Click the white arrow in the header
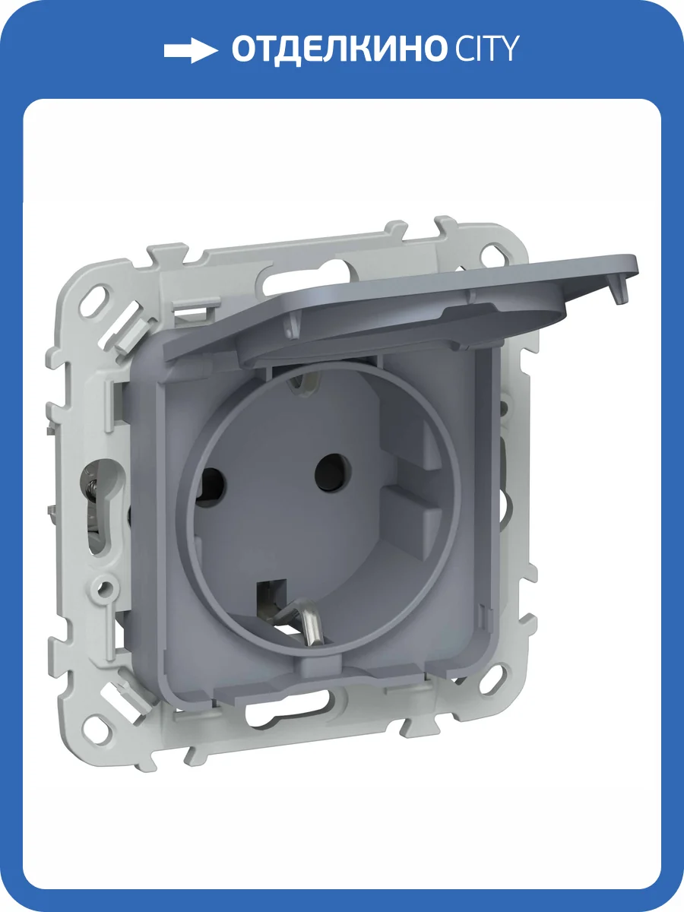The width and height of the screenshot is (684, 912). [191, 50]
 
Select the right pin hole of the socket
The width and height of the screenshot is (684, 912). [332, 473]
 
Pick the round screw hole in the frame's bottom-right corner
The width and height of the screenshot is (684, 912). [493, 679]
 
